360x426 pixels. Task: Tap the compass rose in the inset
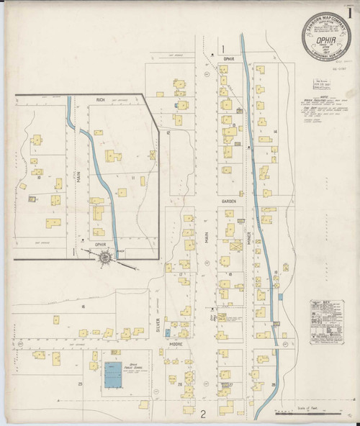(107, 256)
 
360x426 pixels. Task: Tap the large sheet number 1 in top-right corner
(349, 12)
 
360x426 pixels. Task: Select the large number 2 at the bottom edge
(203, 414)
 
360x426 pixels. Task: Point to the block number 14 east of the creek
(275, 132)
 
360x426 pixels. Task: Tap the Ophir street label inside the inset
(101, 244)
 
